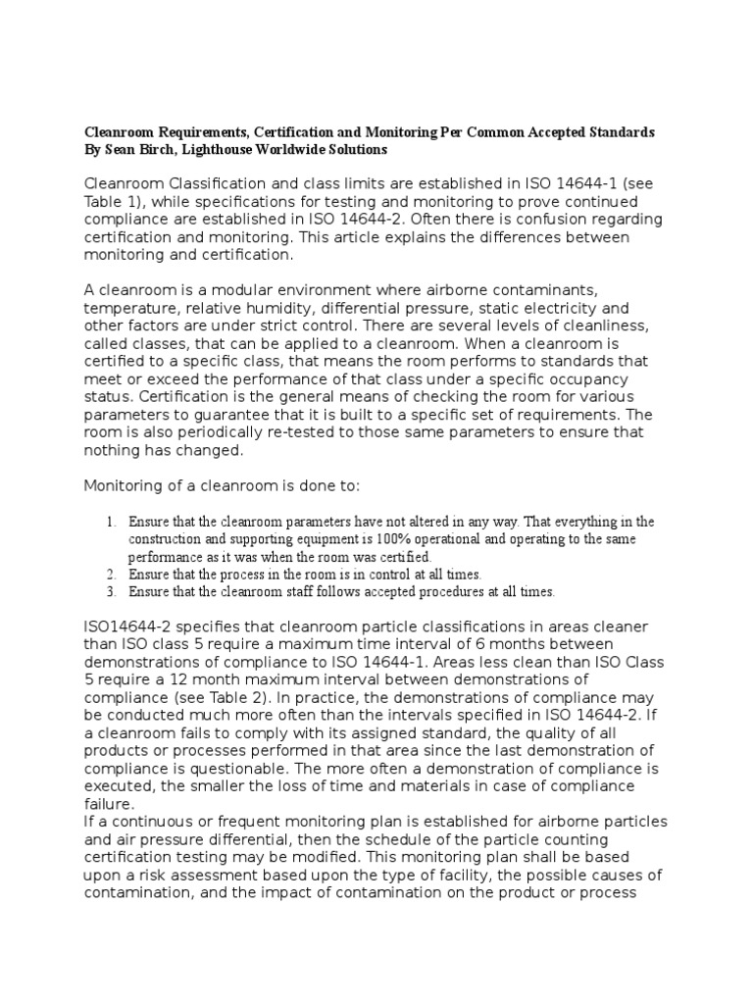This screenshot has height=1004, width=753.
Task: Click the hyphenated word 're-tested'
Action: coord(300,431)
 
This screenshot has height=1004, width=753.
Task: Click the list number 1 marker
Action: coord(112,522)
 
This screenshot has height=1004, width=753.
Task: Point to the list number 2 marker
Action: coord(112,575)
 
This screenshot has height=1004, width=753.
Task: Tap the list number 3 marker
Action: coord(112,592)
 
